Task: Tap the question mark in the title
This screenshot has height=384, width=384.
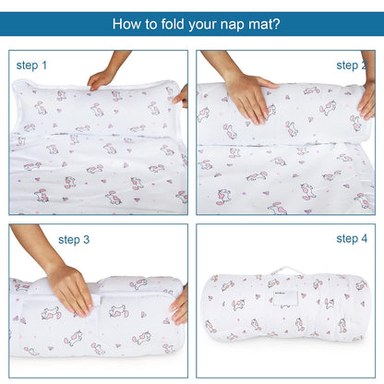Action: coord(276,24)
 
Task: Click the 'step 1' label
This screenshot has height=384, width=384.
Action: coord(31,66)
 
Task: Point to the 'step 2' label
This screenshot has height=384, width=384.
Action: coord(352,66)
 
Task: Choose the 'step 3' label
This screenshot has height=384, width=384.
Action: coord(74,240)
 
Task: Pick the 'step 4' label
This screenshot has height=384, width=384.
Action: coord(352,238)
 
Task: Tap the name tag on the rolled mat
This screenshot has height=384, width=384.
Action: coord(285,298)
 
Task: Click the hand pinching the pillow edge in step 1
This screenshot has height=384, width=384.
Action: coord(100,80)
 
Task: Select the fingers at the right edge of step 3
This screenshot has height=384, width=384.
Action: coord(179,306)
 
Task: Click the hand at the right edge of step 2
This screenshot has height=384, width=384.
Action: coord(366,100)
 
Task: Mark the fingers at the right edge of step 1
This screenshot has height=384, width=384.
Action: coord(181,96)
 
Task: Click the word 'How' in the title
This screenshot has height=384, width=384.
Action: coord(125,24)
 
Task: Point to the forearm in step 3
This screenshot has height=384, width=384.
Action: coord(34,246)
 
